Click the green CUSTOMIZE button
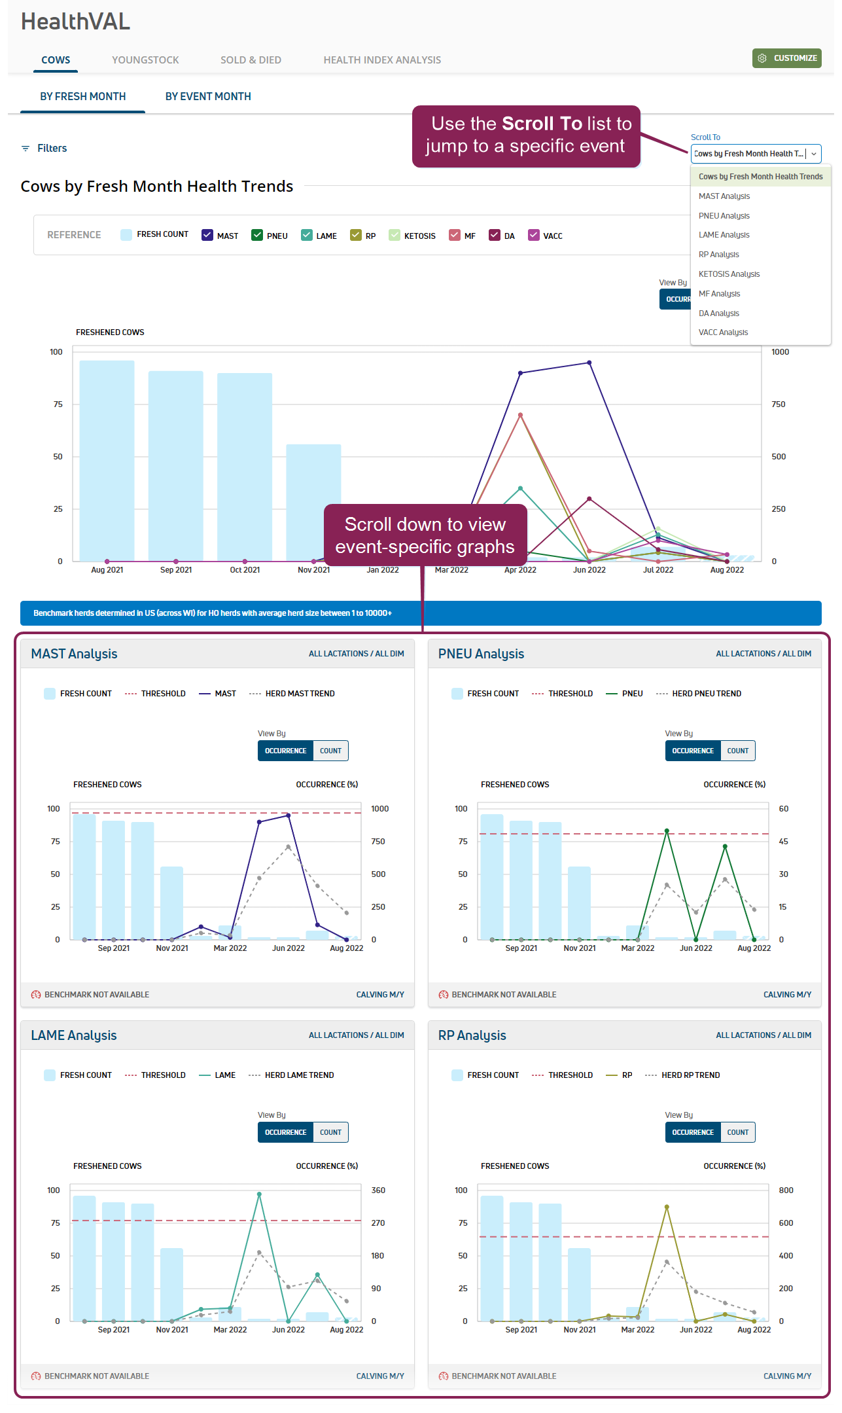[x=786, y=58]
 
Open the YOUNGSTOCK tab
[x=145, y=60]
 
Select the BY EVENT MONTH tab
[x=208, y=97]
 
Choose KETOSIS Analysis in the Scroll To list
[x=729, y=274]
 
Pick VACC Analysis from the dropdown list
[x=723, y=332]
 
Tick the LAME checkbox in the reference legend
[x=307, y=236]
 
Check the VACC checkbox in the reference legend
[x=534, y=236]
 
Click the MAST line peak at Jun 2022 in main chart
[x=589, y=363]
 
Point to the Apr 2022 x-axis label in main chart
[x=520, y=570]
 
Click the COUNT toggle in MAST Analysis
[x=330, y=751]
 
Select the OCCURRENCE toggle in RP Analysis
[x=693, y=1132]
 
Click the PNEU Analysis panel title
[x=481, y=654]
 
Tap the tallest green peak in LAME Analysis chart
[x=259, y=1194]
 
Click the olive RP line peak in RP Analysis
[x=667, y=1207]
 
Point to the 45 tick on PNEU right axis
[x=783, y=842]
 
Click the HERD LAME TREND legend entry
[x=299, y=1075]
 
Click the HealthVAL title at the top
[x=76, y=22]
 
